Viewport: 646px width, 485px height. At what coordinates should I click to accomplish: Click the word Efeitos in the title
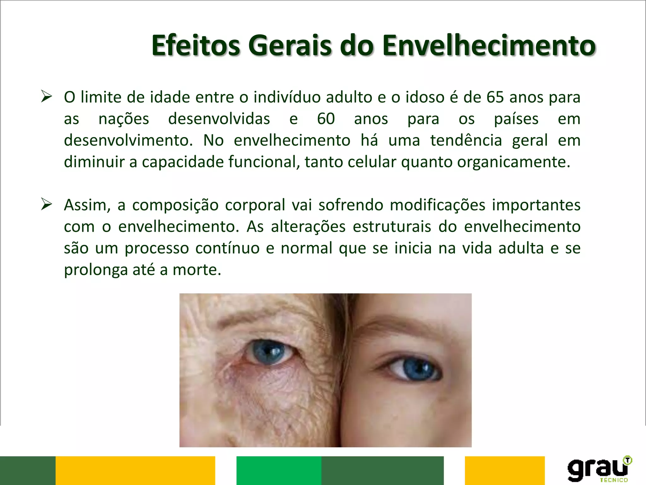coord(196,46)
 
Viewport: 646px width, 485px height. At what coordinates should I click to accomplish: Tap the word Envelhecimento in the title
coord(489,46)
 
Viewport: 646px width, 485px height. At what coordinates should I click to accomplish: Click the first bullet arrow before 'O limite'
coord(46,96)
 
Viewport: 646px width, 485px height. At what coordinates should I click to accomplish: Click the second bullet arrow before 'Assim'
coord(46,204)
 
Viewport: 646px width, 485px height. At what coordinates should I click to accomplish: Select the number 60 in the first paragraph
coord(326,119)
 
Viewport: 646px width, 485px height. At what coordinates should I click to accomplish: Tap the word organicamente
coord(514,162)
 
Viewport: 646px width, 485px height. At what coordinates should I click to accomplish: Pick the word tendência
coord(466,141)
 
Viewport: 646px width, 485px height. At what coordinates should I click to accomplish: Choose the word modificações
coord(438,205)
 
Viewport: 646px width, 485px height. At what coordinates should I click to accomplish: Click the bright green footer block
coord(279,470)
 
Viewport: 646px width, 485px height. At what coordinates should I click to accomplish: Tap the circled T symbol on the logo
coord(627,460)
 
